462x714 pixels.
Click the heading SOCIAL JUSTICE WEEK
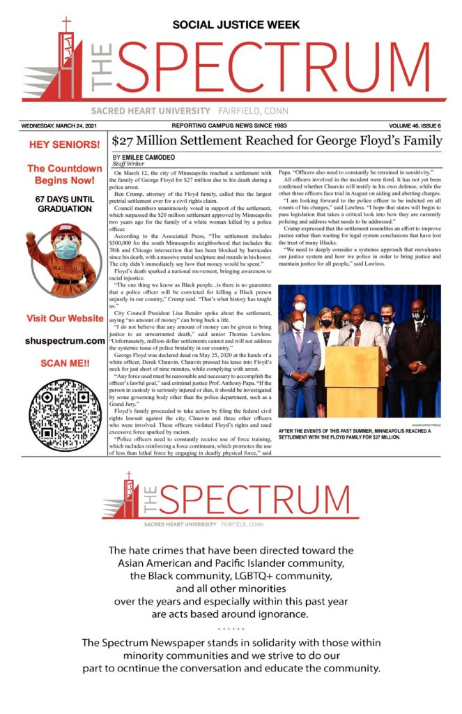click(x=236, y=25)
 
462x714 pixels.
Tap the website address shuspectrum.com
click(x=65, y=341)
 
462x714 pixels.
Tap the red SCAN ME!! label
click(x=65, y=364)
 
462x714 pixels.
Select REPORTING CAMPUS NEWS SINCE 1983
click(x=229, y=126)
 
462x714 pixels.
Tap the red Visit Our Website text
click(x=65, y=319)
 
